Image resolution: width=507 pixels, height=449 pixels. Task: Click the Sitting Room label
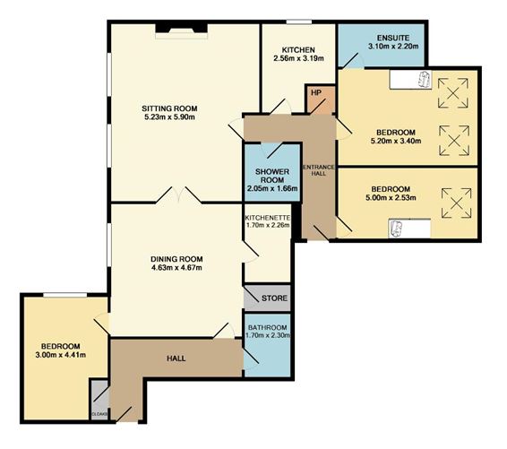click(x=169, y=108)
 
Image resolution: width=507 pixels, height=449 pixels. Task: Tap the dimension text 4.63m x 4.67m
click(x=176, y=268)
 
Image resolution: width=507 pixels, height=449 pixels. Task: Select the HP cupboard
click(x=320, y=99)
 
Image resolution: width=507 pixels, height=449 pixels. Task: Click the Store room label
click(x=274, y=298)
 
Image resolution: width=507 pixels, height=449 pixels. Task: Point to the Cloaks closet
click(x=99, y=400)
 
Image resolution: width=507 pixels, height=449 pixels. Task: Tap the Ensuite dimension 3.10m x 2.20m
click(x=393, y=47)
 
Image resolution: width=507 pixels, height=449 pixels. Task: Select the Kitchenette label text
click(x=268, y=218)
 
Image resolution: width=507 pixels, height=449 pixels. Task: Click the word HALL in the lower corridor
click(x=176, y=358)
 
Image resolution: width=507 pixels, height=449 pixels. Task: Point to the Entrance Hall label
click(x=319, y=170)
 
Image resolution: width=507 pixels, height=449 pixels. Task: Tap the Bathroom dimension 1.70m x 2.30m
click(x=268, y=335)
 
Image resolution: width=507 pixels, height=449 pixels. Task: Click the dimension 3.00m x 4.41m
click(x=61, y=355)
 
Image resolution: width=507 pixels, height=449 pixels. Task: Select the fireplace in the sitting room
click(x=182, y=30)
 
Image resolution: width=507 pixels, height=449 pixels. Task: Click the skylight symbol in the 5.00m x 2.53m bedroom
click(x=456, y=203)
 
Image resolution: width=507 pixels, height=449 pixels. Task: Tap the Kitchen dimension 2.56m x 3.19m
click(x=299, y=58)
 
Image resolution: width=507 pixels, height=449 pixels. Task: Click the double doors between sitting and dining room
click(x=179, y=194)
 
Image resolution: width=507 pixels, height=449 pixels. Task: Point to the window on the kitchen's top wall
click(x=299, y=22)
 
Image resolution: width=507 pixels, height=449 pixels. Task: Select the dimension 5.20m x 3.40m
click(x=396, y=141)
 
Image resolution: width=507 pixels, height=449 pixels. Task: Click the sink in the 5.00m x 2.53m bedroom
click(x=395, y=229)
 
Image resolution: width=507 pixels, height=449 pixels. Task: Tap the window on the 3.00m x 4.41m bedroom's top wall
click(x=65, y=295)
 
